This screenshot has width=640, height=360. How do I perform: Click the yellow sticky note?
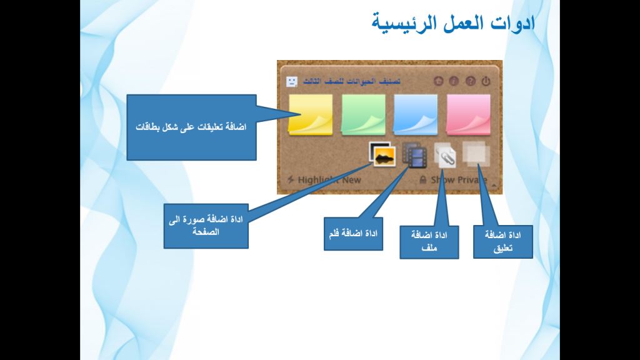310,114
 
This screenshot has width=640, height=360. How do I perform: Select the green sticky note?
363,114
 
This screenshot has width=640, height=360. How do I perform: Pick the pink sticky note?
468,114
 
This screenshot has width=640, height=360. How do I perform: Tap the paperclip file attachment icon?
445,155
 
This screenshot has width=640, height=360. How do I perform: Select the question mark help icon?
470,81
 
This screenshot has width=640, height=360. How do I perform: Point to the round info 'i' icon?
454,81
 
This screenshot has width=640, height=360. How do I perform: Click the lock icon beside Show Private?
422,179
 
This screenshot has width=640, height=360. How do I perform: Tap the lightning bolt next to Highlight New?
290,179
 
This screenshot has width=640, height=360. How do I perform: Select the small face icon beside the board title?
291,81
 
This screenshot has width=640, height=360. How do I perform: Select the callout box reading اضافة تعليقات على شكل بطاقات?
191,127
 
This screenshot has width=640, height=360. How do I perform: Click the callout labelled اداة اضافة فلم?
353,234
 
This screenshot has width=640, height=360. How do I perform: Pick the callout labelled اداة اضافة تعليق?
502,242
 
